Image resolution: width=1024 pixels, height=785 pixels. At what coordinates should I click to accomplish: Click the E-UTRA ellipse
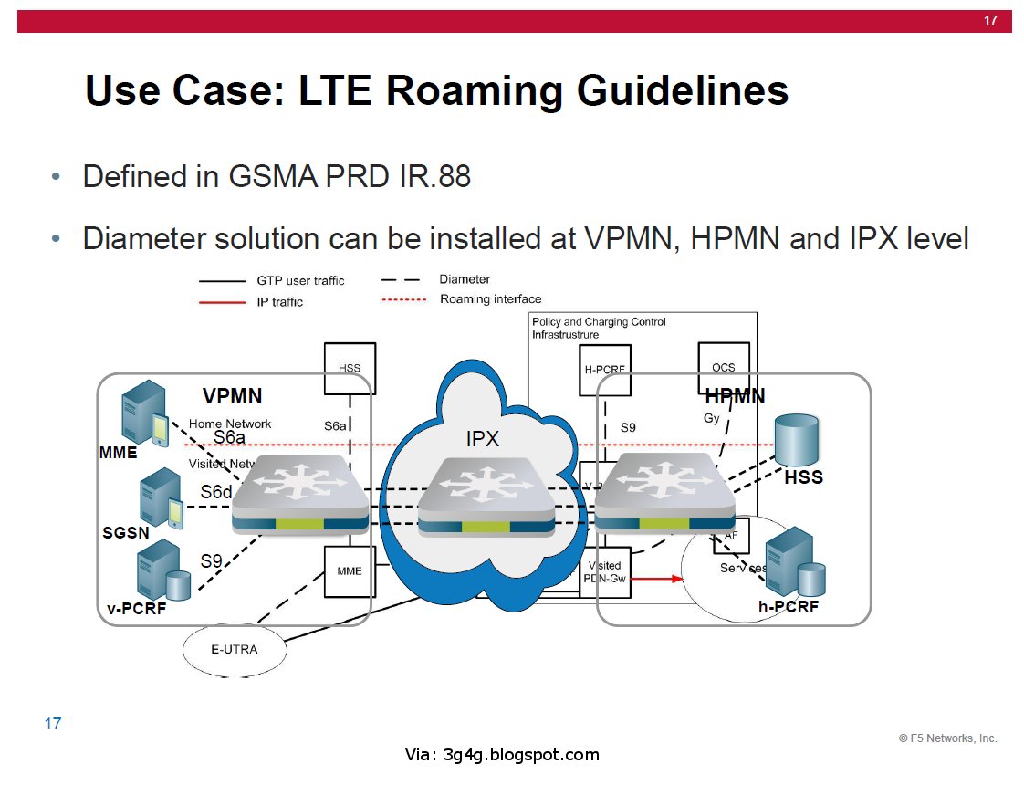click(x=235, y=650)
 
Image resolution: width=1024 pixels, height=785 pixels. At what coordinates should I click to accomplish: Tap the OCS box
click(x=723, y=368)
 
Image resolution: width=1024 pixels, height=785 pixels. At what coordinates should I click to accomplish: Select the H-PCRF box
click(x=604, y=370)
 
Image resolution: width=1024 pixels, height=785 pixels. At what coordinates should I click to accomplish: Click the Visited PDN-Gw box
click(x=605, y=572)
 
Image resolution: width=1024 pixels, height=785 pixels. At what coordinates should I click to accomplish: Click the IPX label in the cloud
click(x=482, y=439)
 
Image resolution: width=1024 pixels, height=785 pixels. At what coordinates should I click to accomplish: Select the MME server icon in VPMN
click(x=144, y=413)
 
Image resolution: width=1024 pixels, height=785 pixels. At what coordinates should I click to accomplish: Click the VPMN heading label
click(x=232, y=396)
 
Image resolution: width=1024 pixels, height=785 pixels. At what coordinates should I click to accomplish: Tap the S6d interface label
click(x=216, y=492)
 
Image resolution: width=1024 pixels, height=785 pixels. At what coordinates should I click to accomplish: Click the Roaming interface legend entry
click(x=490, y=299)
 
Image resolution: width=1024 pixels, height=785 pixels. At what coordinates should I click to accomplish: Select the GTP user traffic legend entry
click(x=300, y=281)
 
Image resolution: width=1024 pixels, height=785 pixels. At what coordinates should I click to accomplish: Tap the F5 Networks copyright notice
click(x=947, y=738)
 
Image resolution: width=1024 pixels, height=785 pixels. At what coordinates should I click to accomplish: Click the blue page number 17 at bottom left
click(x=53, y=724)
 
